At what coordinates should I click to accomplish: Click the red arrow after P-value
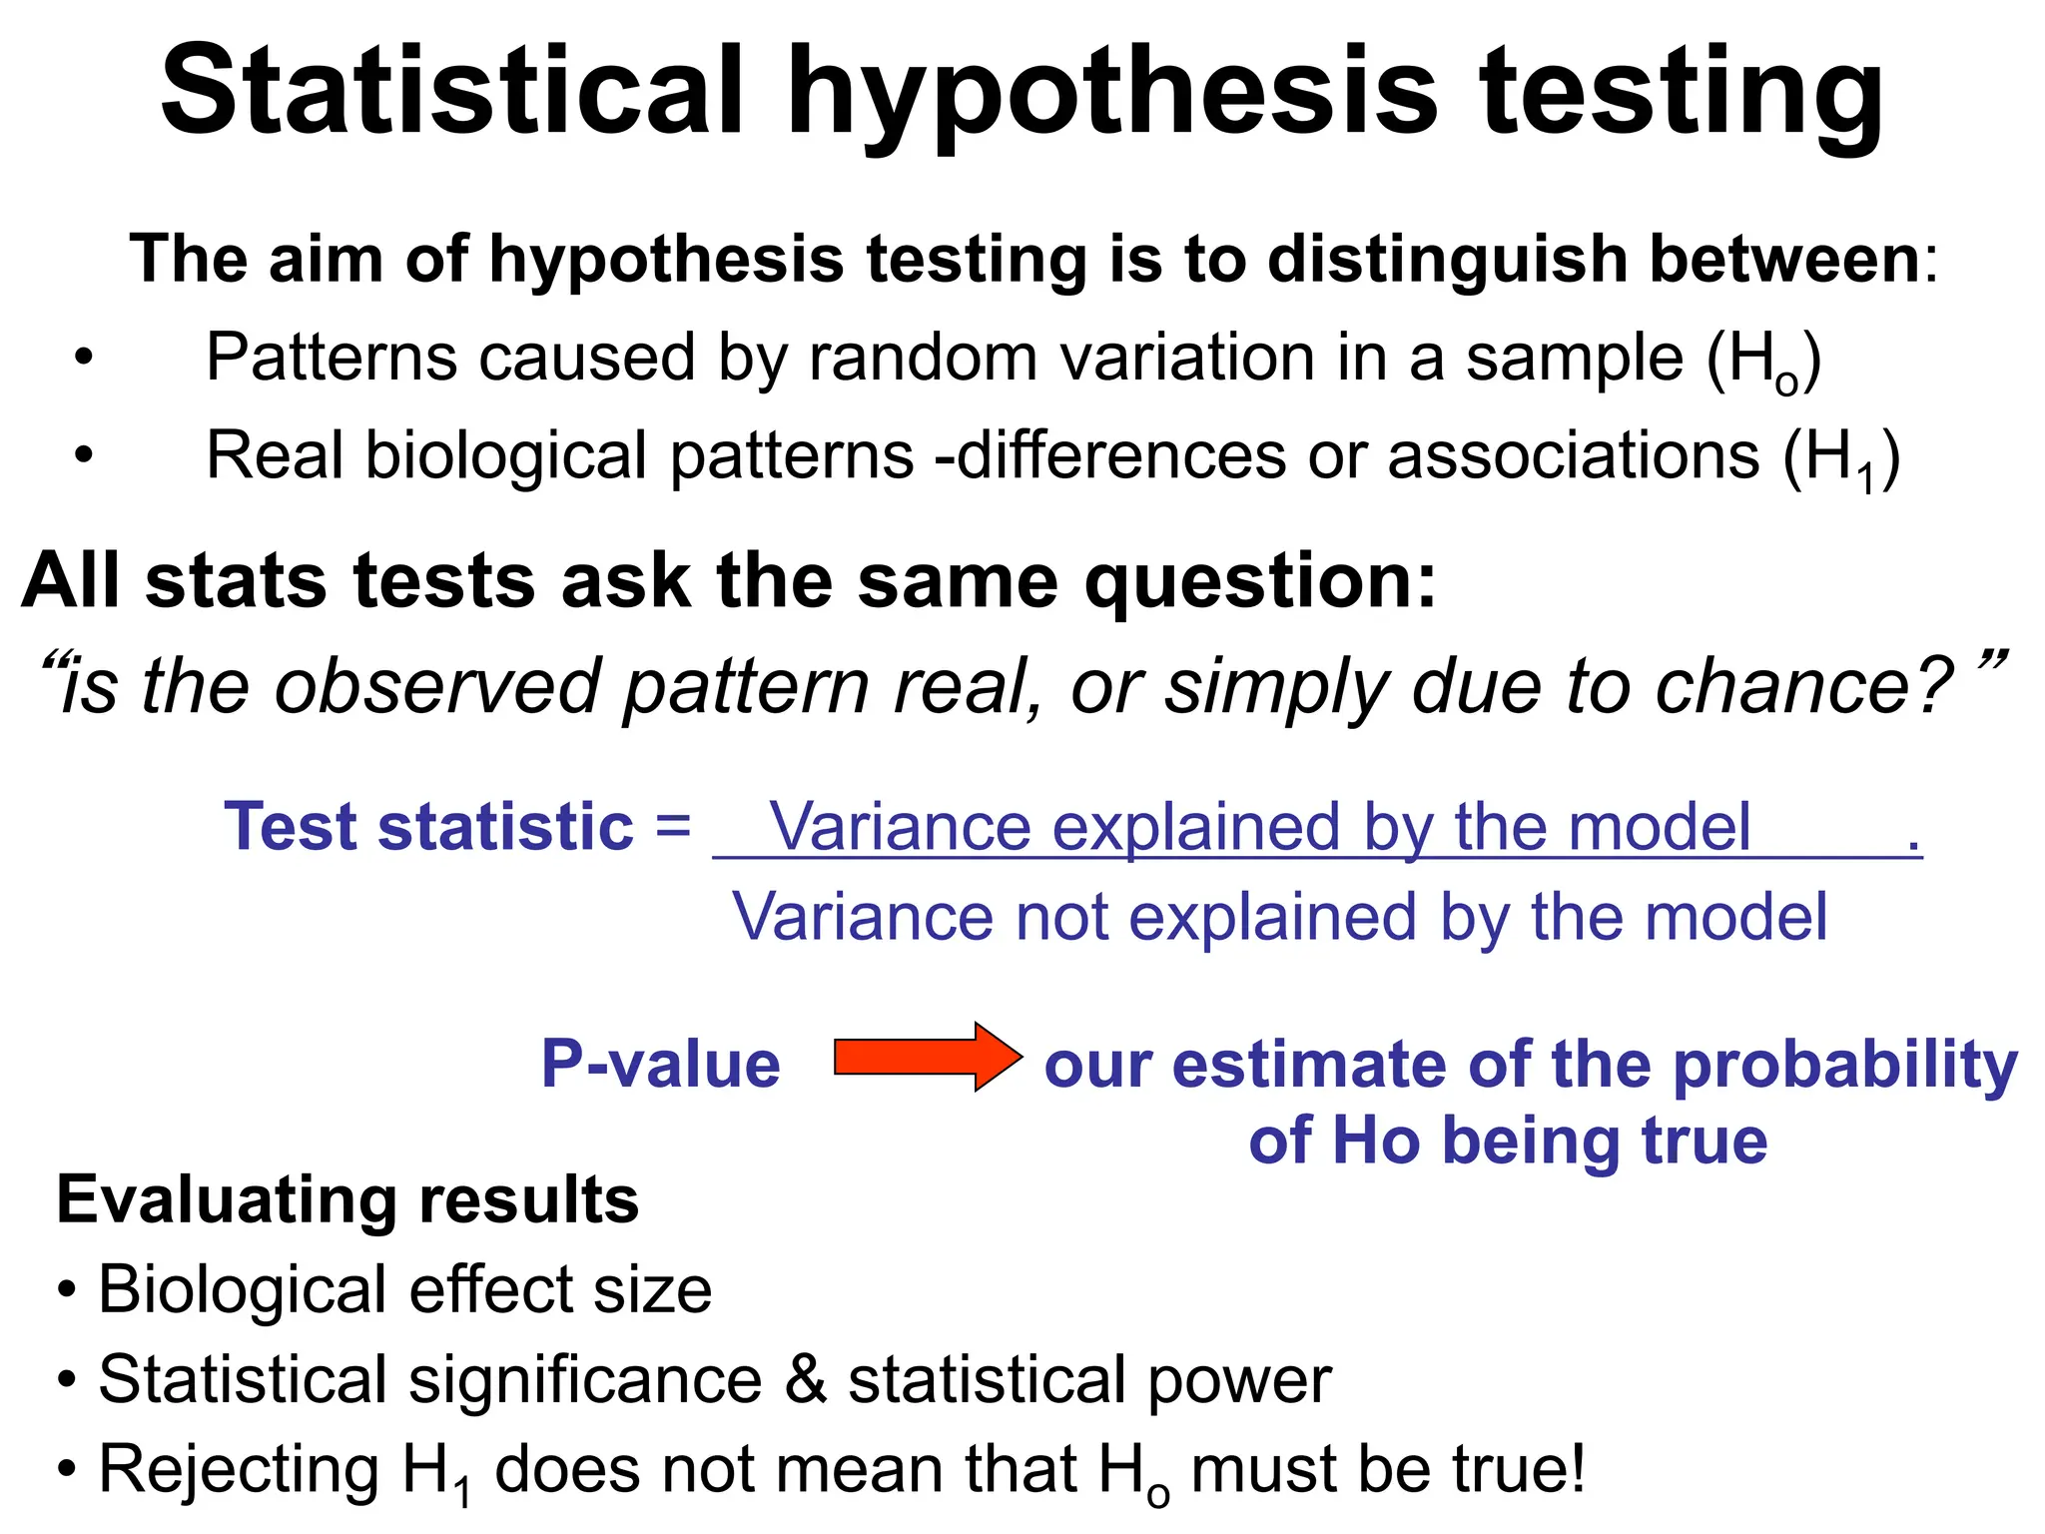[927, 1057]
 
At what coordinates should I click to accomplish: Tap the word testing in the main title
[1682, 95]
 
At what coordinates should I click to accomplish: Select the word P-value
[660, 1064]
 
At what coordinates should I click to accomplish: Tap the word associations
[1573, 456]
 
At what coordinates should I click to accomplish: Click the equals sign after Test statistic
[673, 827]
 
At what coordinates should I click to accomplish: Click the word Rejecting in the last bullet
[239, 1470]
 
